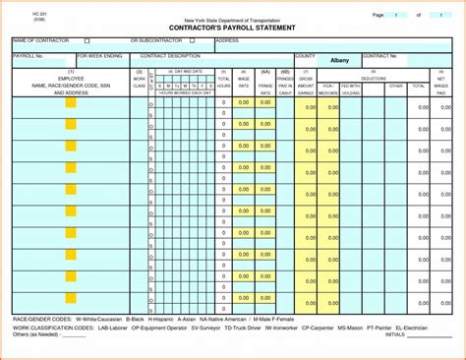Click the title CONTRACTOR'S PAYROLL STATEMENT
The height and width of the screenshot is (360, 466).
232,29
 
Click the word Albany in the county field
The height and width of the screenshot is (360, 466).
339,60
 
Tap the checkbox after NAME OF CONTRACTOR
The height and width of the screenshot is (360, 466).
87,41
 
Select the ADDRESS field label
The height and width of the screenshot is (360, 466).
227,41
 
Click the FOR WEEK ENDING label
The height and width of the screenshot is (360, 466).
99,56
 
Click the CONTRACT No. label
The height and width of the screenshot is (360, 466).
381,56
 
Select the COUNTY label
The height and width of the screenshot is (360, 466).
305,56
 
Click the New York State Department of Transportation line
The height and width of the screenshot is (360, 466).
232,19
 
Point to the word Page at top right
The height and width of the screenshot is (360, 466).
378,16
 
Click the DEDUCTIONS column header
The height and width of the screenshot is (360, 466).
374,78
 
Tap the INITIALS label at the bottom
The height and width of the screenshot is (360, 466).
394,334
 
